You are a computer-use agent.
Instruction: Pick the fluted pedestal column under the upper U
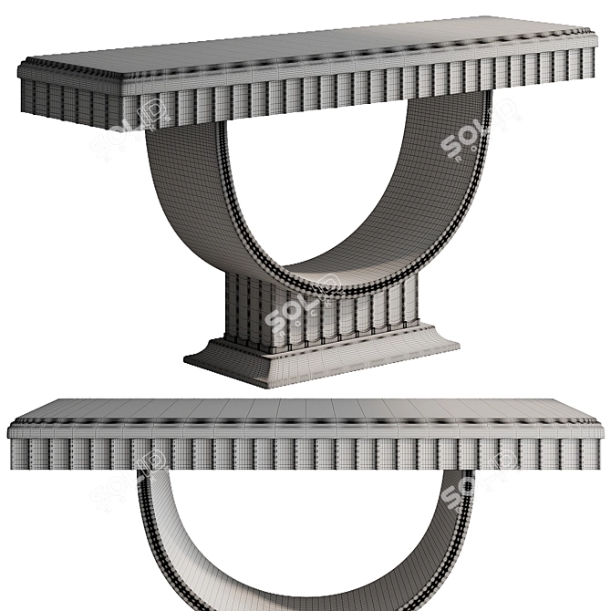click(319, 310)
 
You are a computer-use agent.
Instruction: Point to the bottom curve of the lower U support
click(305, 597)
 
